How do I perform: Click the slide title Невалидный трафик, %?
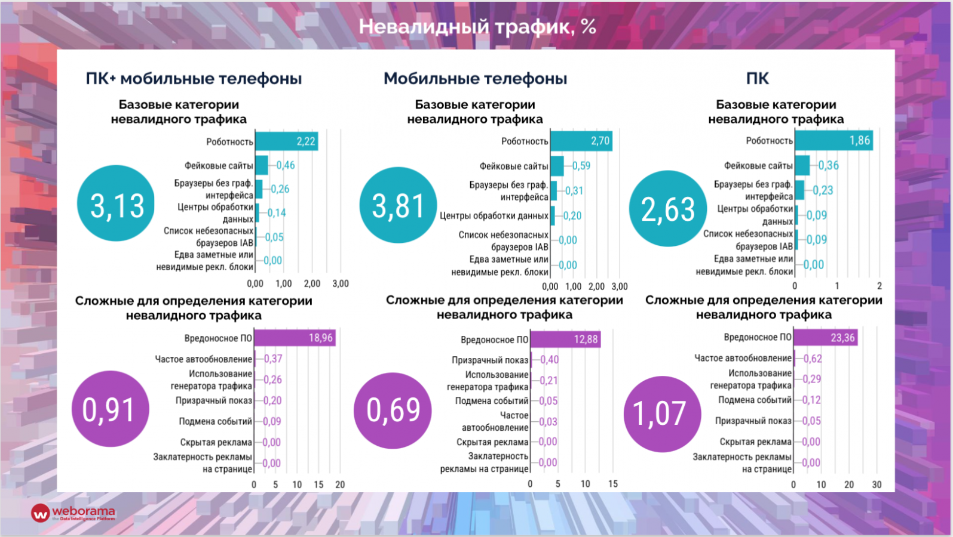coord(477,27)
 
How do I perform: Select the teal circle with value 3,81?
coord(398,205)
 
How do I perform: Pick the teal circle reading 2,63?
coord(667,208)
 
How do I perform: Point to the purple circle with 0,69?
coord(393,410)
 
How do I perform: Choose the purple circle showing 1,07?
coord(662,413)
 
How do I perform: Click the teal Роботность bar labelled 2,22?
coord(286,141)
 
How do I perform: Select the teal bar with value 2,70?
coord(581,141)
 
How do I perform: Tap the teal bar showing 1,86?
coord(833,140)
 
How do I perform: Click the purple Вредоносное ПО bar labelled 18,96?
coord(294,338)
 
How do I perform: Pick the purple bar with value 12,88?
coord(565,339)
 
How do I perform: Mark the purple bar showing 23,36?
coord(825,337)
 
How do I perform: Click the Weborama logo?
coord(73,513)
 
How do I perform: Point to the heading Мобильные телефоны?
coord(475,78)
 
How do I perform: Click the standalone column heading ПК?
coord(757,78)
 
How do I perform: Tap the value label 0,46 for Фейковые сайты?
coord(286,165)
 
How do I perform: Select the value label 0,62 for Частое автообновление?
coord(813,359)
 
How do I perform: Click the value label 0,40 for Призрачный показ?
coord(550,360)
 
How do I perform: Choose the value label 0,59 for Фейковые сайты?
coord(581,166)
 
